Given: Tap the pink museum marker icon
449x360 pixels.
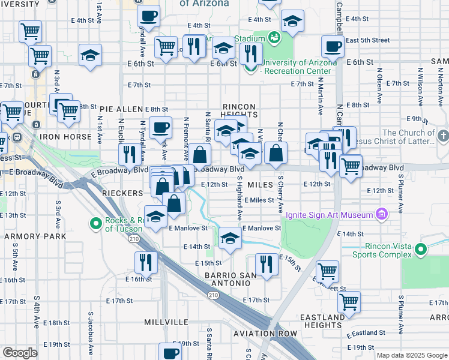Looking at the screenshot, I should pyautogui.click(x=381, y=214).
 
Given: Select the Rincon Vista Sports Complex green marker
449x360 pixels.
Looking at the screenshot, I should pyautogui.click(x=421, y=249).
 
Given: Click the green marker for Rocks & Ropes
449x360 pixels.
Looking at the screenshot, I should pyautogui.click(x=95, y=224).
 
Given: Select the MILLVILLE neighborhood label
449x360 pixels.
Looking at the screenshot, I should pyautogui.click(x=166, y=322).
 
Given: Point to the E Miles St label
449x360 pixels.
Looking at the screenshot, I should pyautogui.click(x=259, y=200).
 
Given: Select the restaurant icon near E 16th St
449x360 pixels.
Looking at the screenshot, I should pyautogui.click(x=145, y=262).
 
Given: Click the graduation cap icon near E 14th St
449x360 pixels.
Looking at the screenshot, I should pyautogui.click(x=229, y=238).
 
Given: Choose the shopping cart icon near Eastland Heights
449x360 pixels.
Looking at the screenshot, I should pyautogui.click(x=349, y=302).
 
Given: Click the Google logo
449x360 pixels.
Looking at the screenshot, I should pyautogui.click(x=20, y=353).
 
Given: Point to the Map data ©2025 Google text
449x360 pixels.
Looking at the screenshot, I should pyautogui.click(x=411, y=355).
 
